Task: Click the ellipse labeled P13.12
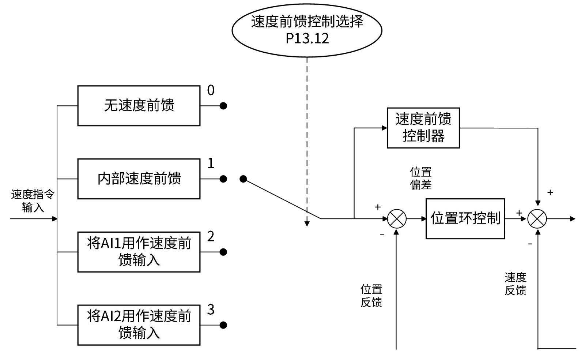point(307,30)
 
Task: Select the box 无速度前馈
point(139,106)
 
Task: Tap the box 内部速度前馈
point(139,179)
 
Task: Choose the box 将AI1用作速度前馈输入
point(139,252)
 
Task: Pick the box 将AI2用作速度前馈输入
point(139,325)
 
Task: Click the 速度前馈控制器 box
point(423,128)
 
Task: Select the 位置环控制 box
point(465,219)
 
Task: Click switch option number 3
point(211,310)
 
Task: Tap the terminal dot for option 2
point(223,252)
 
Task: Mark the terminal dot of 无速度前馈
point(223,106)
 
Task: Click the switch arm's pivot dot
point(243,179)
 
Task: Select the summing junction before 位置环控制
point(397,219)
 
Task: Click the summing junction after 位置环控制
point(537,219)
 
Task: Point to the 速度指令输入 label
point(33,201)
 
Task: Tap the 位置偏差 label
point(420,178)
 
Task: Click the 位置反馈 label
point(371,296)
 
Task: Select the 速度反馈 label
point(516,284)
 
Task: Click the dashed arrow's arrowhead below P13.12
point(307,224)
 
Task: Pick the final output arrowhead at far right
point(573,219)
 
